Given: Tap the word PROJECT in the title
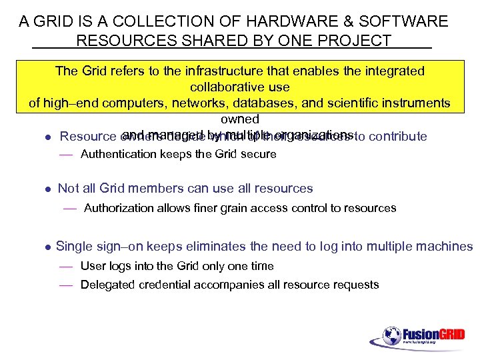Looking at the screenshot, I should point(358,41).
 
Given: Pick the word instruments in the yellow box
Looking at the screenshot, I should point(414,103).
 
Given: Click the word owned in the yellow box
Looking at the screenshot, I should point(239,119).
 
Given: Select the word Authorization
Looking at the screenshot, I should point(122,208).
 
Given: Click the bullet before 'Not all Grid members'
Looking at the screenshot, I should point(47,189).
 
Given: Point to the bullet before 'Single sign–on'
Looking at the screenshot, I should point(47,247).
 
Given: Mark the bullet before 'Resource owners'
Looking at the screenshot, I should point(47,137).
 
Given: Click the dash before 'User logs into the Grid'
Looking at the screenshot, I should point(65,267).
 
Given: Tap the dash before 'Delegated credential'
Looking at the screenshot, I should point(65,285).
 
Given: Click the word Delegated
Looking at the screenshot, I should point(108,285).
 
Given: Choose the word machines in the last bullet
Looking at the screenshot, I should point(447,247).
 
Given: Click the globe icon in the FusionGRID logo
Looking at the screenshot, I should point(391,335).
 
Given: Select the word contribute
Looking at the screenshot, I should point(397,137).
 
